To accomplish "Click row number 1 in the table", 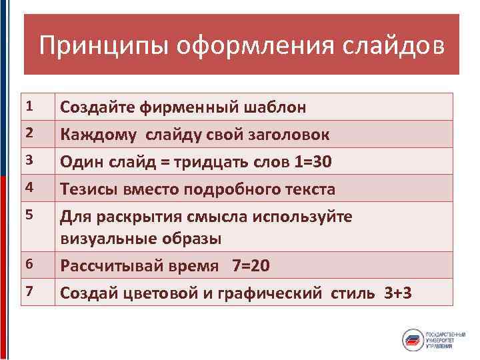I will [x=29, y=106].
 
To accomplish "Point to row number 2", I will [x=29, y=133].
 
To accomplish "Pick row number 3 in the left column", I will [x=29, y=161].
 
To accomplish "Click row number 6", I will [x=29, y=265].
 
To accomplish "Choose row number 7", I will [x=29, y=291].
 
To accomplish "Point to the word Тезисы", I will [x=89, y=189].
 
